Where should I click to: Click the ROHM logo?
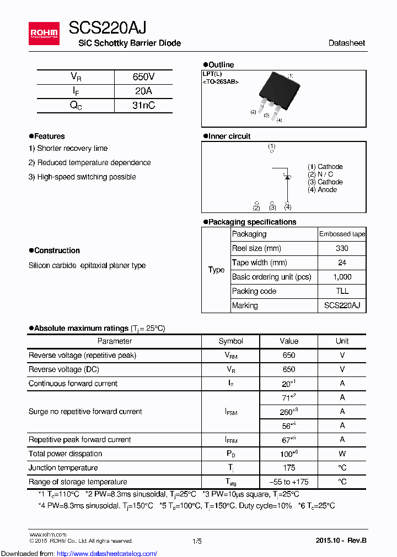(x=44, y=34)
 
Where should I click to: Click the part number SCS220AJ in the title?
(x=108, y=28)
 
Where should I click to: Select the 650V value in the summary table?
(x=143, y=77)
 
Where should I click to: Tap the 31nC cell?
(x=143, y=106)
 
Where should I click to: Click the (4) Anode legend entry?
(x=322, y=190)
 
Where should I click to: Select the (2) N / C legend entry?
(x=320, y=174)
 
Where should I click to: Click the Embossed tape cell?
(x=342, y=234)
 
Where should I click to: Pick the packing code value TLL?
(x=342, y=292)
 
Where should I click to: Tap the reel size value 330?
(x=342, y=249)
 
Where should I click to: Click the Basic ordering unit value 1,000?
(x=342, y=277)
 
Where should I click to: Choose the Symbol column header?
(x=230, y=341)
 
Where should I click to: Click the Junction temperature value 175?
(x=288, y=468)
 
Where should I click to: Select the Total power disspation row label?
(x=65, y=454)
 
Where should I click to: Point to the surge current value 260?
(x=287, y=412)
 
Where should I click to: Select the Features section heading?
(x=49, y=136)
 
